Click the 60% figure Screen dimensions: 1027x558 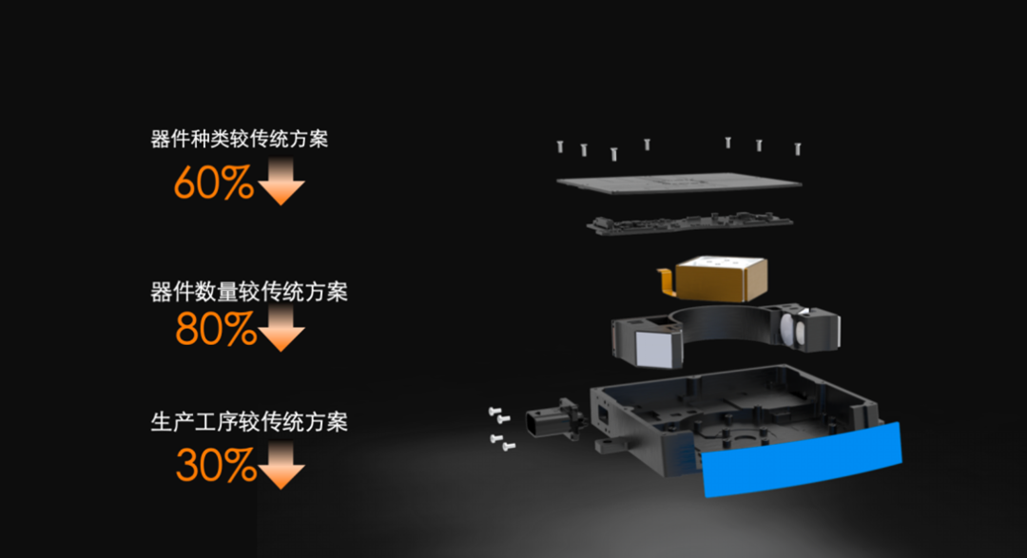(x=213, y=183)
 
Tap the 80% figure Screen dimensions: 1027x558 (x=215, y=329)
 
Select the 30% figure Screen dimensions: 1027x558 (x=215, y=466)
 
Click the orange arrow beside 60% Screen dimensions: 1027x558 (x=281, y=183)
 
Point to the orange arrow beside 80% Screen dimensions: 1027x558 (x=281, y=329)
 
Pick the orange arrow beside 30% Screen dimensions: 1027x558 (x=281, y=467)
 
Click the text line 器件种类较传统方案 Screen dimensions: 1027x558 (x=239, y=140)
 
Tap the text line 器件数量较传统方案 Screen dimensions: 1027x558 (x=248, y=291)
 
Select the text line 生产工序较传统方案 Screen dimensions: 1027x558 (x=248, y=421)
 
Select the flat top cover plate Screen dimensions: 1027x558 (x=677, y=182)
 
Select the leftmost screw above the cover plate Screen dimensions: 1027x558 (x=561, y=146)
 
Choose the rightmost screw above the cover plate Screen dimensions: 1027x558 (x=798, y=147)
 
